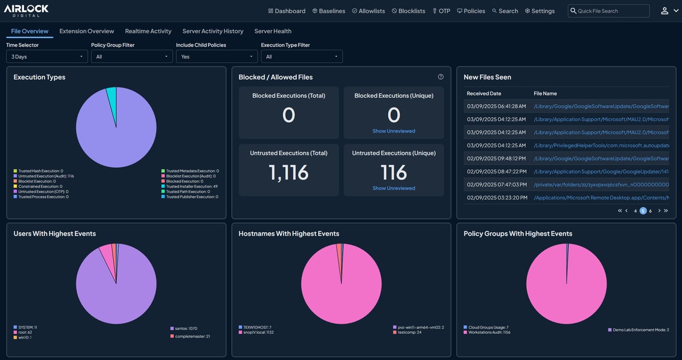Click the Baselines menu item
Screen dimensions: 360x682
click(329, 11)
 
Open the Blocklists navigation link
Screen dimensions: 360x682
click(409, 11)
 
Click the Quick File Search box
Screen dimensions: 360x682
click(608, 11)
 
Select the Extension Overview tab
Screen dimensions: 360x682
click(86, 31)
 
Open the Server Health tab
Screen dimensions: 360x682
click(273, 31)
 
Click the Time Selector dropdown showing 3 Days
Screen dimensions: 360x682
click(47, 56)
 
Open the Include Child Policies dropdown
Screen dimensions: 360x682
click(217, 56)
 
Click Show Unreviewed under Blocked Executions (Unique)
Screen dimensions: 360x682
click(394, 131)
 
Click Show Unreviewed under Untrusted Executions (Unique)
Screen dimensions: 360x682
click(394, 188)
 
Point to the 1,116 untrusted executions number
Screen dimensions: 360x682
click(288, 172)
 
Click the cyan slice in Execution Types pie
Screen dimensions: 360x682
click(111, 97)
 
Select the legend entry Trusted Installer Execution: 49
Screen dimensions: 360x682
click(192, 187)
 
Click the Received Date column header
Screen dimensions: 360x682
click(484, 93)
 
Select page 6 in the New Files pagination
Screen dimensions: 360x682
click(650, 211)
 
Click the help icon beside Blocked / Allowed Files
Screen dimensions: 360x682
click(440, 77)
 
